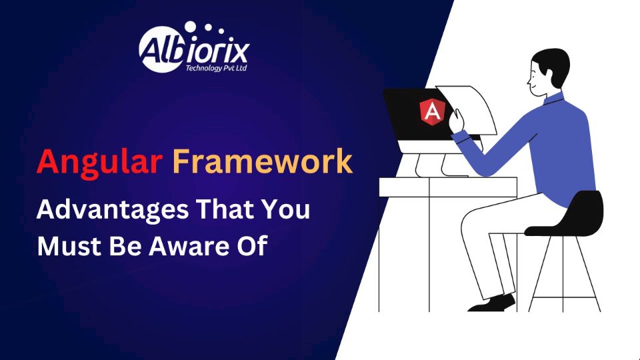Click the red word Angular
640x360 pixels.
[x=99, y=162]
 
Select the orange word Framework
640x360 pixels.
[x=263, y=161]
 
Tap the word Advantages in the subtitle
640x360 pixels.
[x=113, y=211]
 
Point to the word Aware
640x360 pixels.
[x=189, y=246]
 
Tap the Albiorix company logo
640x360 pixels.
[x=193, y=47]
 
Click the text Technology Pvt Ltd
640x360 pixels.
[x=216, y=68]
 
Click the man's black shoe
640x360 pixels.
[x=492, y=303]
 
